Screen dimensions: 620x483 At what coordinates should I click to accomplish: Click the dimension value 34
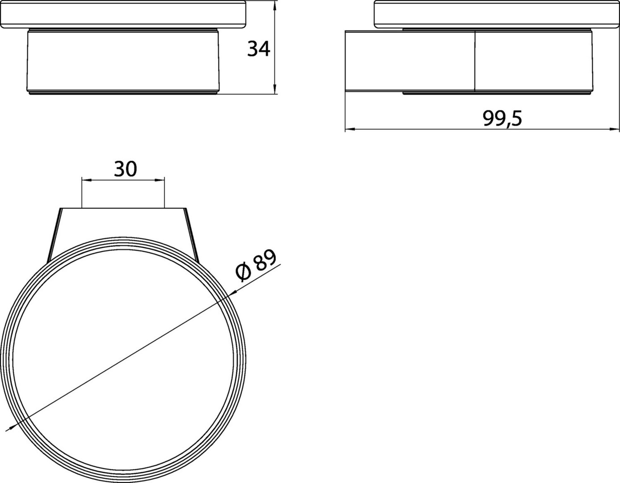[x=258, y=49]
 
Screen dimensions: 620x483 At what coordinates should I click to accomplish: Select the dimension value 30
[x=126, y=169]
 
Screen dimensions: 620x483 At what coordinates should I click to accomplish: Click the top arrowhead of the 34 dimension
[x=275, y=6]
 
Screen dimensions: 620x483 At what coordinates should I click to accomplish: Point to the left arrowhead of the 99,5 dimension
[x=350, y=129]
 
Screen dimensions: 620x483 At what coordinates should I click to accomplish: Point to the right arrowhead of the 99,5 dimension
[x=614, y=129]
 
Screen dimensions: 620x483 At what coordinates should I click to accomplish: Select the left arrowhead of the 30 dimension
[x=87, y=180]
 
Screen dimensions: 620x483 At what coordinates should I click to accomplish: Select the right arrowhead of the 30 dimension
[x=160, y=180]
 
